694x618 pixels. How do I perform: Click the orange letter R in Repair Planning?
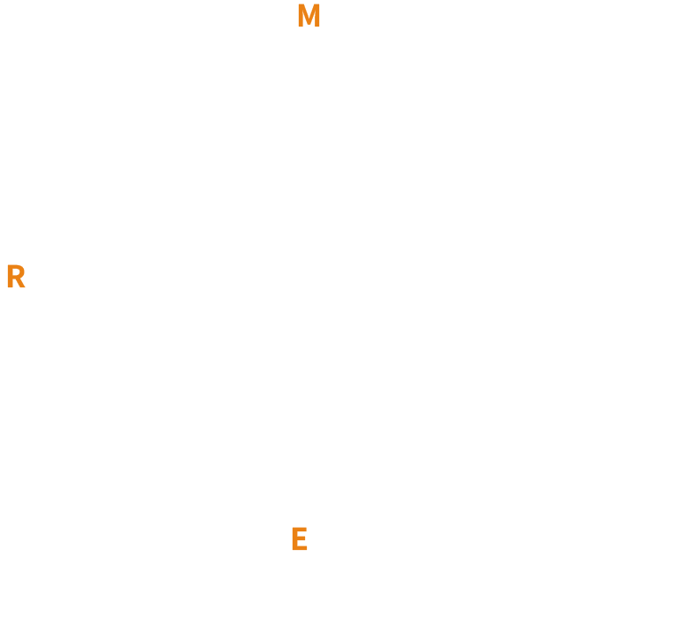coord(15,278)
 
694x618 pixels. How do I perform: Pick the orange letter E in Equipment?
coord(299,538)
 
